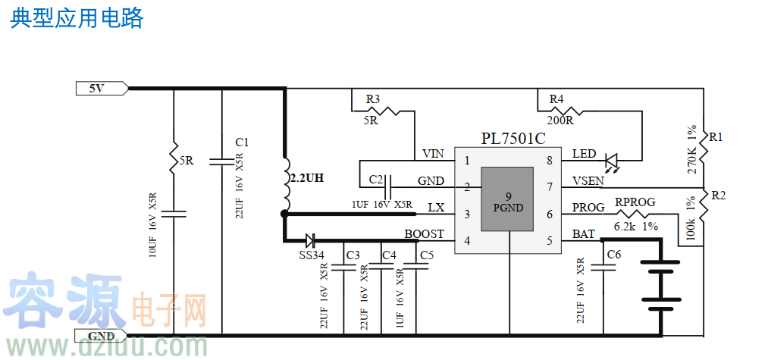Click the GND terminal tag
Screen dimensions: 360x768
coord(101,336)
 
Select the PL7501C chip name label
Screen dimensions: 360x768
coord(513,139)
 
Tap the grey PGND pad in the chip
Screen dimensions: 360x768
coord(509,201)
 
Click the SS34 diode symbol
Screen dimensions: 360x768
coord(310,241)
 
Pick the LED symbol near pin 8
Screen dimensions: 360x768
coord(612,161)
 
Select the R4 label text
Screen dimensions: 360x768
coord(556,99)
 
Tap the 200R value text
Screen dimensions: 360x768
coord(560,120)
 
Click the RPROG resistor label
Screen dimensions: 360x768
coord(635,202)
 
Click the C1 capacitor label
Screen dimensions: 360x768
coord(242,142)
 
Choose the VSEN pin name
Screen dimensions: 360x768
coord(588,181)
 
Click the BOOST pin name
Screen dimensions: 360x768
coord(424,234)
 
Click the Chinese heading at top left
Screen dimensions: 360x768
coord(77,18)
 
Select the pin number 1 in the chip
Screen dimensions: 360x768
coord(467,160)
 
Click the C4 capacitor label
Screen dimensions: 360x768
coord(389,255)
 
